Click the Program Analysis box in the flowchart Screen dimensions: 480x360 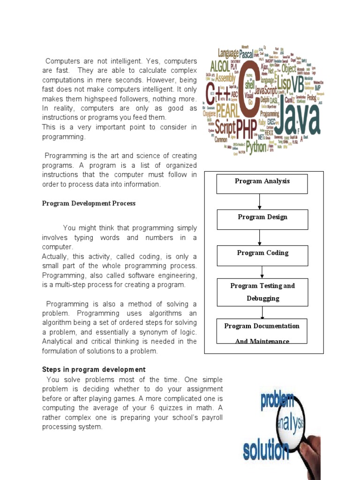point(262,184)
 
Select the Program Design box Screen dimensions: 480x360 point(262,219)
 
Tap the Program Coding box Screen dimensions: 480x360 point(262,255)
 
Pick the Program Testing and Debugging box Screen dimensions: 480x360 point(262,292)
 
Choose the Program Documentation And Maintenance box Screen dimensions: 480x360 point(262,331)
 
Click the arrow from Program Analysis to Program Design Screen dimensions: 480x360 point(260,202)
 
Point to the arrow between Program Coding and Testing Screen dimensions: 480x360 point(262,272)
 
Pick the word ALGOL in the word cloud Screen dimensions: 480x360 point(220,66)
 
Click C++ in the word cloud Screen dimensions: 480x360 point(218,94)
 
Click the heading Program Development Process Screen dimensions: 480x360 point(89,203)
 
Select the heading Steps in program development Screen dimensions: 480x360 point(94,369)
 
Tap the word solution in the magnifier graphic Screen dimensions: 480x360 point(266,451)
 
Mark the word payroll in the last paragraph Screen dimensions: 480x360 point(210,417)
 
